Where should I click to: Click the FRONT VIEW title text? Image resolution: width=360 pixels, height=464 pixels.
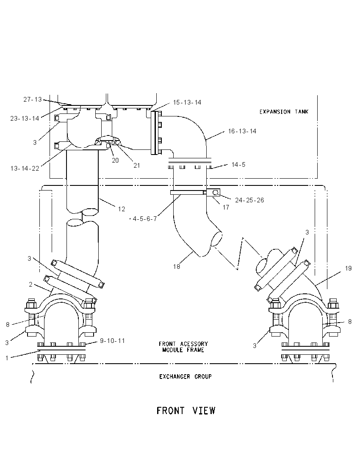pyautogui.click(x=186, y=411)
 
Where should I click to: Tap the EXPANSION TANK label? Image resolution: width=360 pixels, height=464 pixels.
pyautogui.click(x=284, y=112)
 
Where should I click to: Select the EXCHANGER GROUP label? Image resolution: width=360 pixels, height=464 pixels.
pyautogui.click(x=186, y=376)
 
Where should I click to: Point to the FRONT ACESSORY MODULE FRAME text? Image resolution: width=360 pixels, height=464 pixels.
pyautogui.click(x=183, y=347)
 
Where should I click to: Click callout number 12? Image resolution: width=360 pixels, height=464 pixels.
pyautogui.click(x=122, y=209)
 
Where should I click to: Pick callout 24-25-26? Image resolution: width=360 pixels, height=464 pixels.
pyautogui.click(x=249, y=200)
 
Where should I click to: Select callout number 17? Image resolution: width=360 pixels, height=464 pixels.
pyautogui.click(x=226, y=207)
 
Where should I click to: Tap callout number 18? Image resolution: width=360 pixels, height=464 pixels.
pyautogui.click(x=177, y=267)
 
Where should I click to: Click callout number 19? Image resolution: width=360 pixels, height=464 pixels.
pyautogui.click(x=348, y=268)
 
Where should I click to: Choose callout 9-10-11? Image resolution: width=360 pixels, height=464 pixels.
pyautogui.click(x=112, y=341)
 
